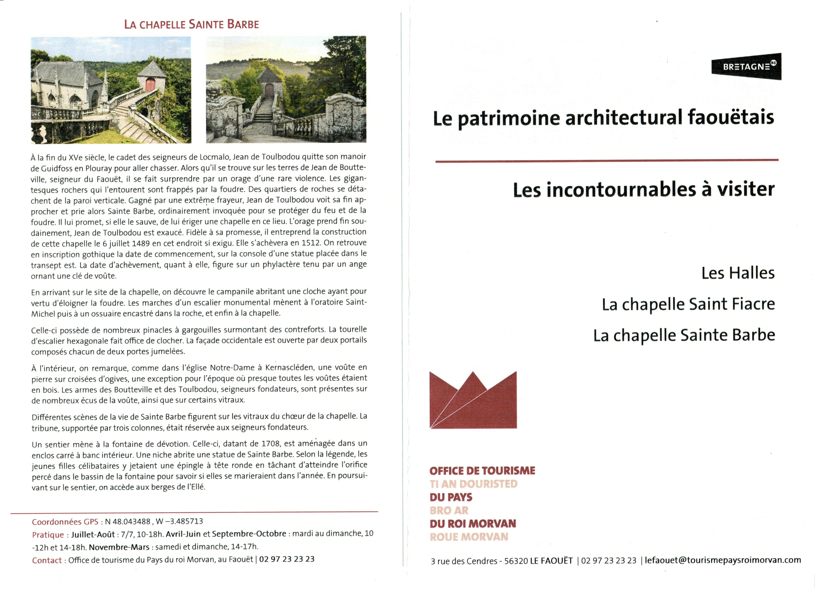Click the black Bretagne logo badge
(x=746, y=67)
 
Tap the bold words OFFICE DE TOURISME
(x=482, y=471)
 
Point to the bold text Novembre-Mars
(x=119, y=547)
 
